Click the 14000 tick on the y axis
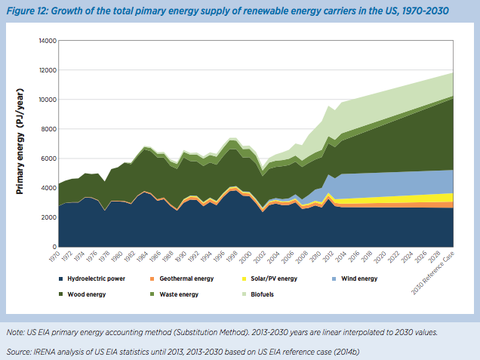pos(46,40)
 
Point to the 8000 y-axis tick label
pos(48,129)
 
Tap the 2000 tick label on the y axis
pos(48,217)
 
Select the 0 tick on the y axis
pos(54,247)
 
